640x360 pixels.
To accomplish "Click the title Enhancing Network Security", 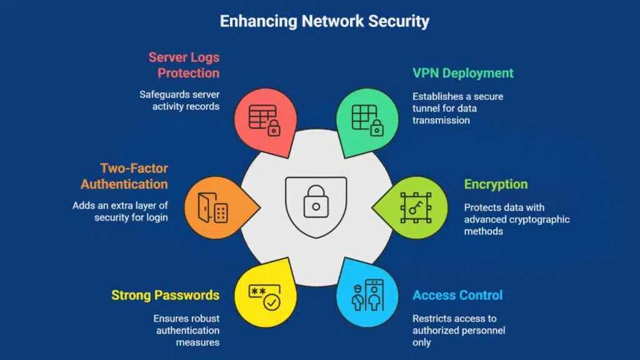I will (x=324, y=21).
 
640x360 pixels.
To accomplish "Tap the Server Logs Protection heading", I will (x=184, y=65).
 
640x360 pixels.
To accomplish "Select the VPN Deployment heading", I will (x=463, y=73).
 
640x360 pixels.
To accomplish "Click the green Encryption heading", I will (x=496, y=184).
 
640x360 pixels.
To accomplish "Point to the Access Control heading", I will (x=457, y=295).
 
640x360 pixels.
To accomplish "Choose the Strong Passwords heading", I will (x=165, y=295).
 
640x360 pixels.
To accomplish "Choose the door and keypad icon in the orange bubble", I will (x=212, y=207).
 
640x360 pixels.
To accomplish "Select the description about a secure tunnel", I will (x=457, y=108).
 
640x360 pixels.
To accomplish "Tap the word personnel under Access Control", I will (x=481, y=330).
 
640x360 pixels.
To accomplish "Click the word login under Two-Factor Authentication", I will (x=156, y=217).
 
